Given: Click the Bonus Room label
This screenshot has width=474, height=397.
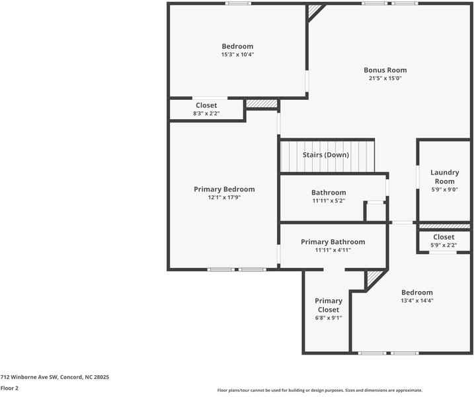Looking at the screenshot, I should pyautogui.click(x=385, y=69).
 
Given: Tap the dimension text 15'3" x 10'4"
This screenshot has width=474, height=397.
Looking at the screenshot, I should pyautogui.click(x=237, y=55).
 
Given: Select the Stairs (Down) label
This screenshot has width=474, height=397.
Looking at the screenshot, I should pyautogui.click(x=325, y=155).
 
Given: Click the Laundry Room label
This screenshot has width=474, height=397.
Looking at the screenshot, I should pyautogui.click(x=444, y=177).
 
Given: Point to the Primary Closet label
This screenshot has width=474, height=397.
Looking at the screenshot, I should pyautogui.click(x=328, y=305).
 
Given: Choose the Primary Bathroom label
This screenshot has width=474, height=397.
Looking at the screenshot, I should pyautogui.click(x=333, y=242).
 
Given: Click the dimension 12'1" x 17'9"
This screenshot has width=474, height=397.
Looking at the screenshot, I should pyautogui.click(x=223, y=197).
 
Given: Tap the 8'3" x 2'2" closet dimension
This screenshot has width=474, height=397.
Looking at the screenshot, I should pyautogui.click(x=206, y=114).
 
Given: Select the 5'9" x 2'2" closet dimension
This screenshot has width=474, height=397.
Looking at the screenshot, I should pyautogui.click(x=444, y=245).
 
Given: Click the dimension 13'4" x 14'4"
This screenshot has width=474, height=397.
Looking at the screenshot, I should pyautogui.click(x=416, y=300).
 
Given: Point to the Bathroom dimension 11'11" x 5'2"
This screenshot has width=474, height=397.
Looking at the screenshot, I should pyautogui.click(x=329, y=201).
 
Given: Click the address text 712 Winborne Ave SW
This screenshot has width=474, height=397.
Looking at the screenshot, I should pyautogui.click(x=54, y=376).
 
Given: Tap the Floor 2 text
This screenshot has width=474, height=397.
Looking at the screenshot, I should pyautogui.click(x=9, y=388).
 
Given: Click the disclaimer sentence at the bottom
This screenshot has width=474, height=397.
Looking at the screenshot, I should pyautogui.click(x=319, y=390).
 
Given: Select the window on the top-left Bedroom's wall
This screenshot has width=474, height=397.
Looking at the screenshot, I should pyautogui.click(x=238, y=3).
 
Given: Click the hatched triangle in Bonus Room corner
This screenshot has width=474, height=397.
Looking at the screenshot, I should pyautogui.click(x=314, y=10).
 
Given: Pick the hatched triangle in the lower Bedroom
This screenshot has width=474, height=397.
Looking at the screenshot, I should pyautogui.click(x=374, y=276).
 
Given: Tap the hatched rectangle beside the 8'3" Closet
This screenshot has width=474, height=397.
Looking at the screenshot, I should pyautogui.click(x=262, y=104).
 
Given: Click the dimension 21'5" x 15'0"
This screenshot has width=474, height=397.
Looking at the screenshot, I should pyautogui.click(x=385, y=78).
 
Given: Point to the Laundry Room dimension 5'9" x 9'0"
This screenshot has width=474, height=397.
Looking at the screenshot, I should pyautogui.click(x=444, y=189).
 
